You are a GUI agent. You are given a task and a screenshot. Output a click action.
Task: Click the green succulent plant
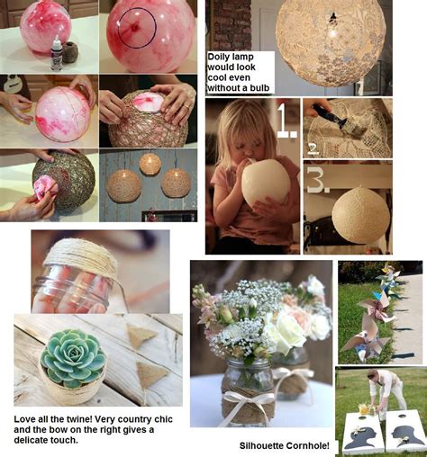pyautogui.click(x=73, y=358)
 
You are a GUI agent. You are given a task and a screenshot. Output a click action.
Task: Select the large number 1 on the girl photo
pyautogui.click(x=286, y=119)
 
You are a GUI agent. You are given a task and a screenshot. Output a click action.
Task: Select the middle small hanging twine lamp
pyautogui.click(x=150, y=163)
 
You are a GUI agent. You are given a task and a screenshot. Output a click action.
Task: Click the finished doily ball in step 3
pyautogui.click(x=360, y=215)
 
